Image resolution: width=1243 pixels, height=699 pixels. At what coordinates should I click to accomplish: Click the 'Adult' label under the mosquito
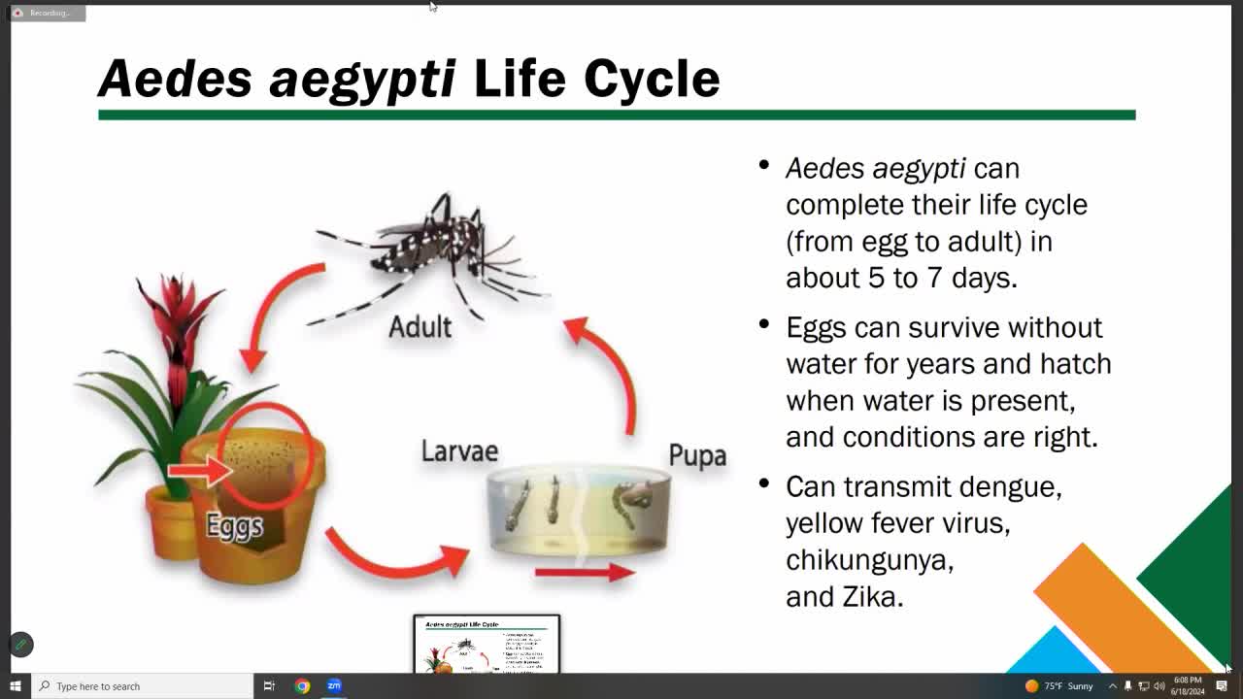click(x=420, y=326)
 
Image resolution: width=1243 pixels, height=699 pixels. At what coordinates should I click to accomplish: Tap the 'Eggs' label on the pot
click(x=234, y=525)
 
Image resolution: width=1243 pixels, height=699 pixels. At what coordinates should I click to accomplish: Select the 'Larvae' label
click(x=459, y=450)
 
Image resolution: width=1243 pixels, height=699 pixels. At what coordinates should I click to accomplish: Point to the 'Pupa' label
click(x=697, y=455)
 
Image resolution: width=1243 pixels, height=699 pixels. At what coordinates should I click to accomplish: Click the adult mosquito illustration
click(x=437, y=252)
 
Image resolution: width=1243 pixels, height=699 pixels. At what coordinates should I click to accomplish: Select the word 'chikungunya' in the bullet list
click(x=869, y=560)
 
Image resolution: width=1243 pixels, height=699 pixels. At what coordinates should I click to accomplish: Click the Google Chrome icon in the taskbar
click(x=302, y=685)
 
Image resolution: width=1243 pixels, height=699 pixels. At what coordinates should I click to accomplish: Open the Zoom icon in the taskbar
click(x=334, y=685)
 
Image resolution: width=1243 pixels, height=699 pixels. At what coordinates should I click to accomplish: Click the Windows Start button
click(x=16, y=685)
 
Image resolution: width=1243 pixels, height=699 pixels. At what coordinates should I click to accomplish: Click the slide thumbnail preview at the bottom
click(x=487, y=644)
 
